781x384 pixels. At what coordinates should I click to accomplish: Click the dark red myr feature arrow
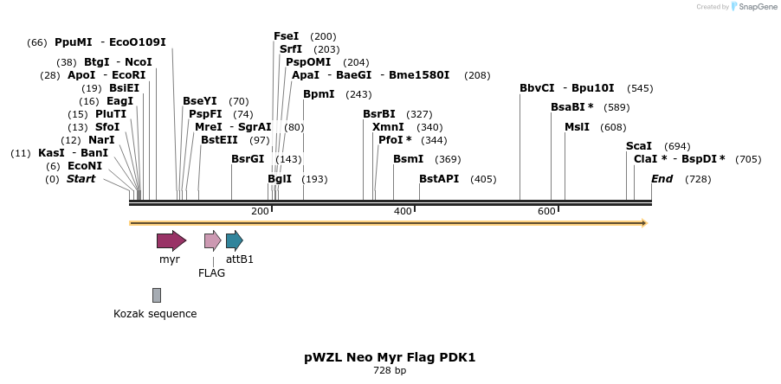[x=171, y=240]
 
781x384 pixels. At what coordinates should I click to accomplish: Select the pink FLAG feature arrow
[x=212, y=240]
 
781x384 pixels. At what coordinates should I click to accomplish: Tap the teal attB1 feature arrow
[x=234, y=240]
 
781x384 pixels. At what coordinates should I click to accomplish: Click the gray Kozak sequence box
[x=157, y=295]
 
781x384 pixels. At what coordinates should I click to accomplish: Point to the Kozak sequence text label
[x=155, y=313]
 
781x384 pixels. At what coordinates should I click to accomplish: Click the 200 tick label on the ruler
[x=260, y=211]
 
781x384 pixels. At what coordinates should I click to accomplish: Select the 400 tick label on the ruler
[x=403, y=211]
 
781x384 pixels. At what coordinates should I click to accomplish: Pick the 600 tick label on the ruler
[x=546, y=211]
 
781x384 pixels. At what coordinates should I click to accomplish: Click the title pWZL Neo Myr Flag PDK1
[x=390, y=357]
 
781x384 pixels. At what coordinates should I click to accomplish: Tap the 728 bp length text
[x=390, y=370]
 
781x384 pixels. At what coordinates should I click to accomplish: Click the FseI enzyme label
[x=286, y=36]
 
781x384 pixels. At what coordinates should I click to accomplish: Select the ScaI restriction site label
[x=639, y=146]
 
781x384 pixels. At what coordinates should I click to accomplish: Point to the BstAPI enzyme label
[x=439, y=179]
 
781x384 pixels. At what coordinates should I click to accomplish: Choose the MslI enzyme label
[x=577, y=127]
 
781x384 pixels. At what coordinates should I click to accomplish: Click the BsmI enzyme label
[x=409, y=159]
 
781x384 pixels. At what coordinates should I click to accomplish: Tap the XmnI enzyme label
[x=388, y=127]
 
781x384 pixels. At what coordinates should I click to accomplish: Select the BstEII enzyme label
[x=219, y=140]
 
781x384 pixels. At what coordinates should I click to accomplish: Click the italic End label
[x=662, y=179]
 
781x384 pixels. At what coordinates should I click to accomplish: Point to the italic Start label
[x=81, y=179]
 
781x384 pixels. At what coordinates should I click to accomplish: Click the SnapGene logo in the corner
[x=752, y=7]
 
